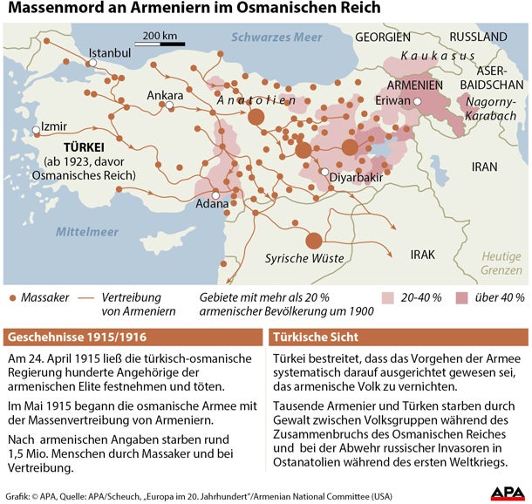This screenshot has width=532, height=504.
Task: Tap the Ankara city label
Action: point(165,95)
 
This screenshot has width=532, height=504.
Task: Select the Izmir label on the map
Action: point(53,125)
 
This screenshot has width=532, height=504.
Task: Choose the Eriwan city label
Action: point(392,100)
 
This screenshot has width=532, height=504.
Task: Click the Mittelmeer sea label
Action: point(87,232)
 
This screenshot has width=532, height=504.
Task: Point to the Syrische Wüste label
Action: point(304,259)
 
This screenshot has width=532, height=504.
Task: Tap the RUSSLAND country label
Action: point(478,37)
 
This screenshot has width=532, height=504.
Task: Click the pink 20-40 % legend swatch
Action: point(387,297)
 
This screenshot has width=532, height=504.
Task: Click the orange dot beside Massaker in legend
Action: point(11,298)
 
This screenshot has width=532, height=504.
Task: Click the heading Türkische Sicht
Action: point(316,337)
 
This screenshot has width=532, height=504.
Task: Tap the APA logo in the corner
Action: point(507,493)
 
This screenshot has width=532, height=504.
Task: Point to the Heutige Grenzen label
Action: point(503,263)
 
